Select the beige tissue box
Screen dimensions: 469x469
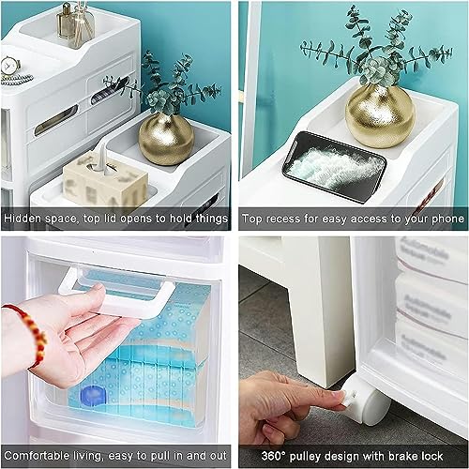pyautogui.click(x=105, y=179)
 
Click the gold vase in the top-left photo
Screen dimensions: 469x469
pyautogui.click(x=166, y=139)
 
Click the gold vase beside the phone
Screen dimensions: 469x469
pyautogui.click(x=380, y=115)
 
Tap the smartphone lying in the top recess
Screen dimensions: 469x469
pyautogui.click(x=334, y=167)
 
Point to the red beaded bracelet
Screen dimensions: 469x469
pyautogui.click(x=30, y=335)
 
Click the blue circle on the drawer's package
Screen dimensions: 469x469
pyautogui.click(x=92, y=395)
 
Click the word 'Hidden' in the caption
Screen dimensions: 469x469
pyautogui.click(x=23, y=219)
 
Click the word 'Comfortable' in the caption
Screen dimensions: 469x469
pyautogui.click(x=37, y=456)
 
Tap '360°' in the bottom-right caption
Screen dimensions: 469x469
pyautogui.click(x=274, y=456)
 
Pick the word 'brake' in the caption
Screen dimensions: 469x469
pyautogui.click(x=401, y=456)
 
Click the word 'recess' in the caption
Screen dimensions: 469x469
pyautogui.click(x=283, y=219)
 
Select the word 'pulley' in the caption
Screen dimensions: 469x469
pyautogui.click(x=307, y=457)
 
